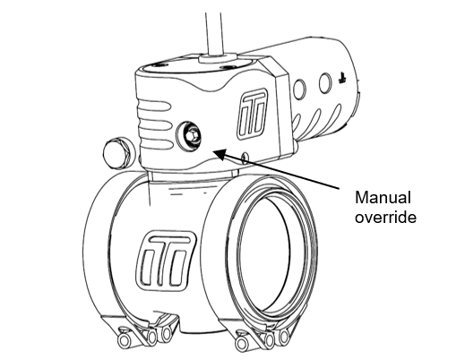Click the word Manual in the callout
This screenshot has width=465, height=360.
(383, 198)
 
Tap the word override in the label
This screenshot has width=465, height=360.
(385, 217)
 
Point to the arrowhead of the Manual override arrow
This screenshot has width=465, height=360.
(220, 154)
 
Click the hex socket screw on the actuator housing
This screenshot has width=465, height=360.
(189, 136)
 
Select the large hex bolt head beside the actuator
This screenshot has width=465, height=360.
(116, 153)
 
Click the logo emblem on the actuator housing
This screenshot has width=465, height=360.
(252, 115)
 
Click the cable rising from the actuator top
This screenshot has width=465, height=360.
(214, 33)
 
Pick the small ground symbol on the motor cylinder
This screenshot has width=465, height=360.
(342, 79)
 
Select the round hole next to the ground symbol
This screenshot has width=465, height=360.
(325, 83)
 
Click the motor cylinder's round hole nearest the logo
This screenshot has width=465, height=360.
(299, 89)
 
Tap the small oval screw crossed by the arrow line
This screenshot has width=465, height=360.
(245, 158)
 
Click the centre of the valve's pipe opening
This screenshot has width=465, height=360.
(263, 253)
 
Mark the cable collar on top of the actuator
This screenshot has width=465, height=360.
(218, 58)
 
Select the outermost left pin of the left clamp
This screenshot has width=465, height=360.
(124, 340)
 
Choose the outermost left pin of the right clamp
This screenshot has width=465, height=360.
(242, 344)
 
